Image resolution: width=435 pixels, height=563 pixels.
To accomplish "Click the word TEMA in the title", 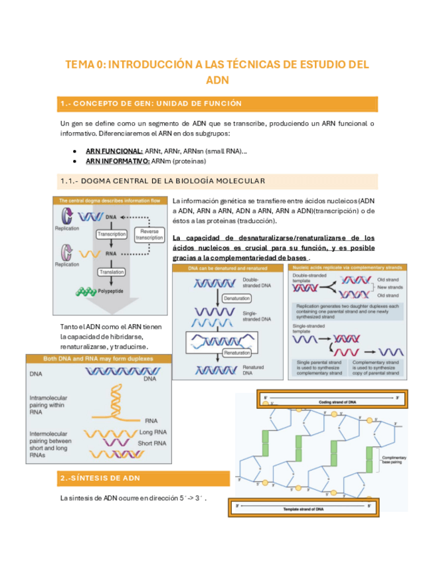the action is [80, 64].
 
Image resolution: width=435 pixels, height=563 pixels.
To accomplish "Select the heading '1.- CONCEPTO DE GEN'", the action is [151, 104].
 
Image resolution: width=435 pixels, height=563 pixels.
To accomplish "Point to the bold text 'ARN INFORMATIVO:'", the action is [118, 161].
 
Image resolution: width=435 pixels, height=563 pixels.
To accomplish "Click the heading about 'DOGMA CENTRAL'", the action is [163, 181].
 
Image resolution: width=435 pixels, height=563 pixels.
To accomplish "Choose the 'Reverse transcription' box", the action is [149, 234].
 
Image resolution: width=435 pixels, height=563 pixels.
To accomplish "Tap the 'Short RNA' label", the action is [153, 443].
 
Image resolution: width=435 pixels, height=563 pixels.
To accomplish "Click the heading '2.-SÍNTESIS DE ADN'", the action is [100, 478].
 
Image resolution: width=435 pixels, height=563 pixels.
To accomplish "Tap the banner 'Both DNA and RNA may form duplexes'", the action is [98, 359].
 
